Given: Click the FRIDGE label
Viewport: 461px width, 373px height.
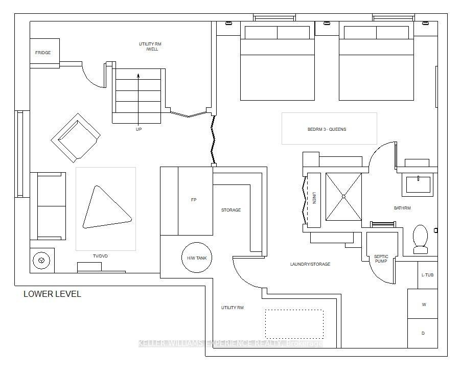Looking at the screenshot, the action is pos(43,53).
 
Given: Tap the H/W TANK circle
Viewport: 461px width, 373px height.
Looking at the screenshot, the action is pos(197,258).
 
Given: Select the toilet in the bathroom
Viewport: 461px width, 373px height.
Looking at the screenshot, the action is pos(421,240).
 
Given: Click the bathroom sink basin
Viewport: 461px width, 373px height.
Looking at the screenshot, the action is pos(418,185).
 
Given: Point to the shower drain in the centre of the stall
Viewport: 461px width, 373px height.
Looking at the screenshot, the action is pos(343,197).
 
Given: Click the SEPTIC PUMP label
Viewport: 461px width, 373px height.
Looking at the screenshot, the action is pos(381,259).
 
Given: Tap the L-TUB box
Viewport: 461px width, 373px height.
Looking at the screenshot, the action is pos(427,275).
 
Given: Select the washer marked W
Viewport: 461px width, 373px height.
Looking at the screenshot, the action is pos(423,304).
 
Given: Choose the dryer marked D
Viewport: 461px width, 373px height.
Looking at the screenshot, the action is pos(423,333).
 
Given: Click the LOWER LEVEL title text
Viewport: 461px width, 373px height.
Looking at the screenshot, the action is pos(52,294).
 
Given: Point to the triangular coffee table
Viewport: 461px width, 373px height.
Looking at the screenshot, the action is pos(106,207).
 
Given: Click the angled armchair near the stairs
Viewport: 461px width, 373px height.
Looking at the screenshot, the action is pos(76,137).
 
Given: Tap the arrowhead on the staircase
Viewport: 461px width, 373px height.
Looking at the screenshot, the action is pos(138,76).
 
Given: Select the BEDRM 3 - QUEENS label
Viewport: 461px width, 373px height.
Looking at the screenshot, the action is pos(327,129).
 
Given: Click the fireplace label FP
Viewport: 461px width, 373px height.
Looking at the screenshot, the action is pos(194,200).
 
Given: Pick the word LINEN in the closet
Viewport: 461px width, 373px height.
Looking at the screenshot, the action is pos(314,198).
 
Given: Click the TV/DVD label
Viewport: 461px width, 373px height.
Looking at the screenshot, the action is pos(100,256).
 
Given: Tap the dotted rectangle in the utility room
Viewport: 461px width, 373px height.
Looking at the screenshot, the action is pos(294,324).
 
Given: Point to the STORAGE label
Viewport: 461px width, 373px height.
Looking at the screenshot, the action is pos(231,210).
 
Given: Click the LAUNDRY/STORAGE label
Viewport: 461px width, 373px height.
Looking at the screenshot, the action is pos(310,264).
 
